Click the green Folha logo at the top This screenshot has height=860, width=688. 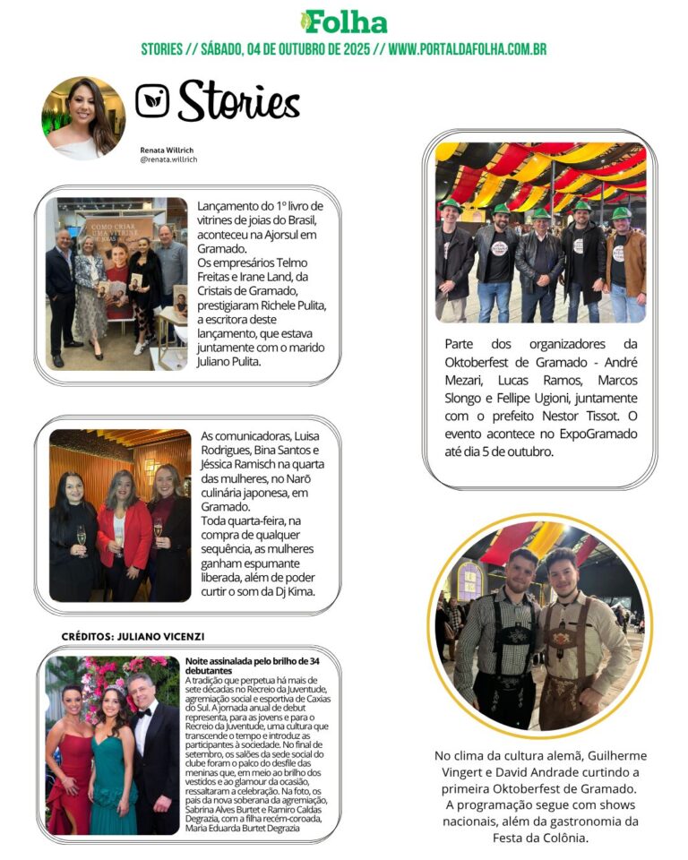344,22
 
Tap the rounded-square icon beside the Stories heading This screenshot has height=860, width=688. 152,100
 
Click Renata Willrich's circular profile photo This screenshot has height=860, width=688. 83,116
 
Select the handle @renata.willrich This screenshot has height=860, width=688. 168,159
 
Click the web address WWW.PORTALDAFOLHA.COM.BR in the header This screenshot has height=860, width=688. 467,49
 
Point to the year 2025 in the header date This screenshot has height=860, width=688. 355,49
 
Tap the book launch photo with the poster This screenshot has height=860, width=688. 116,283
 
